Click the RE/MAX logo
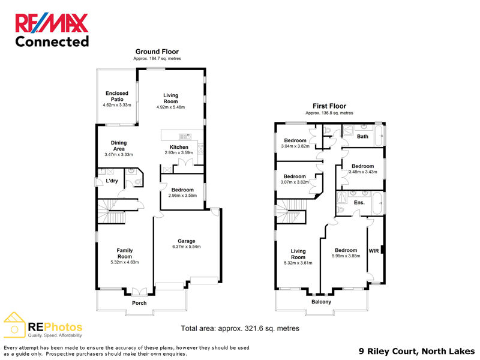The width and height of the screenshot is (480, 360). (x=52, y=23)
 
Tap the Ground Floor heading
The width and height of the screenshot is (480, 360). (x=157, y=52)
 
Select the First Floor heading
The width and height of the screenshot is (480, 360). (x=329, y=106)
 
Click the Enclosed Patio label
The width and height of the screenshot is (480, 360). (x=117, y=96)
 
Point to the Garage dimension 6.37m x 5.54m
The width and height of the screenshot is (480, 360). (x=187, y=247)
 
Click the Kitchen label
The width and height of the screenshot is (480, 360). (x=179, y=147)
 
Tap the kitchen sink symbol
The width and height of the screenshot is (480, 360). (x=185, y=137)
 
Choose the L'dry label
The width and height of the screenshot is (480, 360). (x=112, y=181)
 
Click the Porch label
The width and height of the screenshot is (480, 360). (x=139, y=303)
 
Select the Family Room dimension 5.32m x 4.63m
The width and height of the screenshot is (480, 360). (x=125, y=262)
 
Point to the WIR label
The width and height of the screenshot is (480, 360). (x=374, y=251)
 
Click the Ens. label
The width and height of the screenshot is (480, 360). (x=359, y=203)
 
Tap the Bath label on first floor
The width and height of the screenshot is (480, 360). (x=362, y=137)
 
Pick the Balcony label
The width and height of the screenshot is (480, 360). (x=321, y=302)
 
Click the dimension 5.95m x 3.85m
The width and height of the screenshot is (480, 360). (x=346, y=256)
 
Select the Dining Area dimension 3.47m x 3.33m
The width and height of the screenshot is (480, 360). (x=119, y=155)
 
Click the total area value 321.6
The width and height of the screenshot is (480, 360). (x=257, y=328)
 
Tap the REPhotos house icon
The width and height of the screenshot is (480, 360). (x=14, y=325)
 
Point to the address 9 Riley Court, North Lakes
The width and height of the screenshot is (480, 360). (x=416, y=351)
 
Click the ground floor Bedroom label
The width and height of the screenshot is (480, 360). (x=182, y=190)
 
